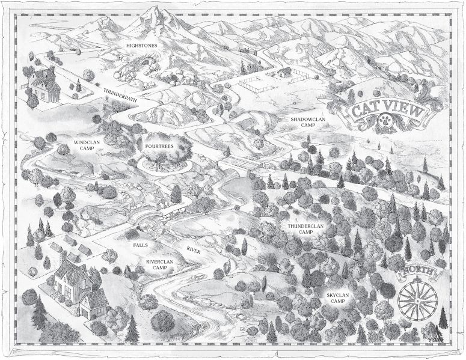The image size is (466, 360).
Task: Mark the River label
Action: coord(193,249)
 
